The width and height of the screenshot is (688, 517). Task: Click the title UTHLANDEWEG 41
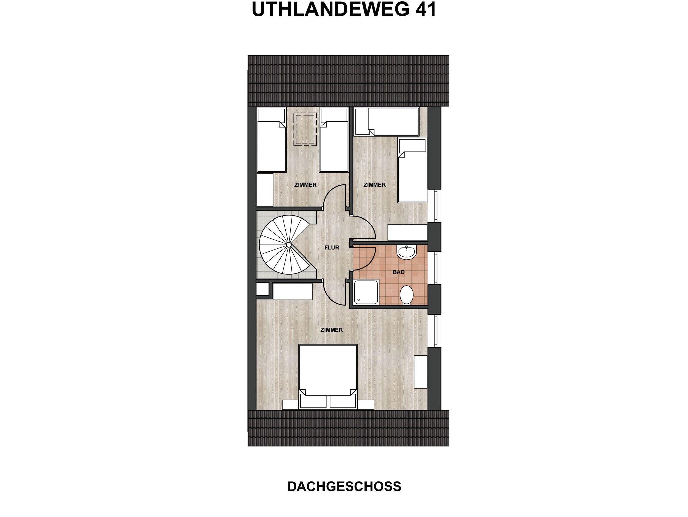pyautogui.click(x=344, y=9)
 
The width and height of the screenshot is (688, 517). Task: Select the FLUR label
pyautogui.click(x=332, y=248)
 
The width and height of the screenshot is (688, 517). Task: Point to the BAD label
pyautogui.click(x=399, y=272)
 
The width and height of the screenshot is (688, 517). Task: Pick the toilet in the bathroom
pyautogui.click(x=406, y=295)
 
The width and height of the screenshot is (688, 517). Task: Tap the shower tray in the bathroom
pyautogui.click(x=367, y=293)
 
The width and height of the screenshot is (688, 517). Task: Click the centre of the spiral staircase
pyautogui.click(x=288, y=245)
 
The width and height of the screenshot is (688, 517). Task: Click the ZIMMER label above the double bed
pyautogui.click(x=332, y=330)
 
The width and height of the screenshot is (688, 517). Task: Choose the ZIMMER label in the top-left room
pyautogui.click(x=305, y=185)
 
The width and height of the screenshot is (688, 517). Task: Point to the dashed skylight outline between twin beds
pyautogui.click(x=305, y=129)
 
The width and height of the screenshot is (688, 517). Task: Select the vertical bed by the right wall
pyautogui.click(x=412, y=170)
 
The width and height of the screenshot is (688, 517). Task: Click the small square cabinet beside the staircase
pyautogui.click(x=263, y=289)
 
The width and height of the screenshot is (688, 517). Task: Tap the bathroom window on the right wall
pyautogui.click(x=435, y=269)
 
